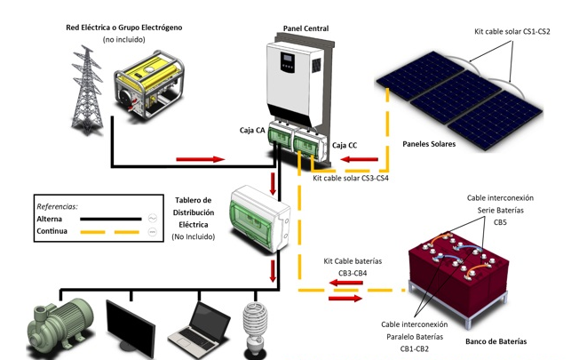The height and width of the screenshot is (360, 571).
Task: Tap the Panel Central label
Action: (305, 28)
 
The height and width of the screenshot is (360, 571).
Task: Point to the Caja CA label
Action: (252, 131)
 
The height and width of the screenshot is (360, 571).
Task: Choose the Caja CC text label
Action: (345, 143)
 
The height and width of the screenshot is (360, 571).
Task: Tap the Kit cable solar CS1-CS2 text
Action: (512, 31)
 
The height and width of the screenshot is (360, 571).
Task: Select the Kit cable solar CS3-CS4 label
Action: (351, 178)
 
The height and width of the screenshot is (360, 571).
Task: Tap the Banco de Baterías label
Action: (496, 341)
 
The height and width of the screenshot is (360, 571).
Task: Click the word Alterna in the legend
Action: (50, 219)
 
